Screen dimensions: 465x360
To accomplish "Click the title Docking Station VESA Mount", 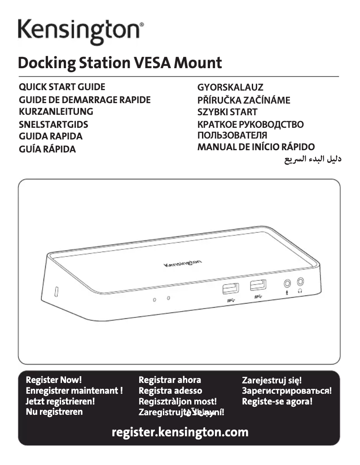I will pyautogui.click(x=119, y=62).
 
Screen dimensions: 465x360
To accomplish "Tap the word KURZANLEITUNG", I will pyautogui.click(x=56, y=112).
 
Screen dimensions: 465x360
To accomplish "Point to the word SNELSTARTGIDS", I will pyautogui.click(x=53, y=124).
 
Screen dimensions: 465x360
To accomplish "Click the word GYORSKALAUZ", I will pyautogui.click(x=230, y=87).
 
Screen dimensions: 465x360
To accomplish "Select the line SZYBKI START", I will pyautogui.click(x=228, y=112).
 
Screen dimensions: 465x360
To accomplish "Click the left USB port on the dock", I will pyautogui.click(x=230, y=288).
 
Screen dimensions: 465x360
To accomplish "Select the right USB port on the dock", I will pyautogui.click(x=258, y=285).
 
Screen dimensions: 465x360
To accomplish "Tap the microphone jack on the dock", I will pyautogui.click(x=287, y=283).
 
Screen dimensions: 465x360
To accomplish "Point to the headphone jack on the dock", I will pyautogui.click(x=300, y=281).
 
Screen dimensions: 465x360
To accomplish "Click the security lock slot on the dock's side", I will pyautogui.click(x=57, y=291).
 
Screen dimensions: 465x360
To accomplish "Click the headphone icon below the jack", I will pyautogui.click(x=300, y=291).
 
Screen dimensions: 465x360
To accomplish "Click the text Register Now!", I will pyautogui.click(x=54, y=380).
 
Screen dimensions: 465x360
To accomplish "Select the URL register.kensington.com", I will pyautogui.click(x=180, y=433).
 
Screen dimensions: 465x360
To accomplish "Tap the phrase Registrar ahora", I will pyautogui.click(x=170, y=380).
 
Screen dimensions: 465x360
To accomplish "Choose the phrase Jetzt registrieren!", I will pyautogui.click(x=60, y=401).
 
